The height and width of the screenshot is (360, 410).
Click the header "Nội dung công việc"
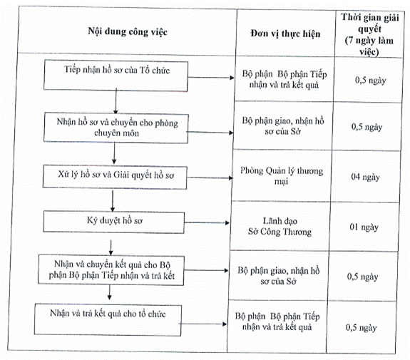tap(128, 31)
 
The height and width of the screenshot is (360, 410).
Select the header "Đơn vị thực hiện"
tap(285, 34)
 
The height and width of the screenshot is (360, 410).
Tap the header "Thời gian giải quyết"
tap(370, 23)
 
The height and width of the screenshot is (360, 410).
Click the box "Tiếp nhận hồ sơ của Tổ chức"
tap(116, 76)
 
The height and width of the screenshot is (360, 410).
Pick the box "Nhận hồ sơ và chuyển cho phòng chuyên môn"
tap(116, 128)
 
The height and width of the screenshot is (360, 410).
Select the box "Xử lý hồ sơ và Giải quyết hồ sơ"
tap(115, 177)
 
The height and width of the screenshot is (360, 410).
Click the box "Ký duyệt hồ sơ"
tap(114, 222)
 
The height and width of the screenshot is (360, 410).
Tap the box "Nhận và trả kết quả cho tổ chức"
tap(108, 320)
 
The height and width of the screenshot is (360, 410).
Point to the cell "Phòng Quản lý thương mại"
tap(282, 175)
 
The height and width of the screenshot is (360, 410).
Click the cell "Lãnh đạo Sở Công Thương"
tap(280, 227)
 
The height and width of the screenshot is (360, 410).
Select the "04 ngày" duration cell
tap(365, 177)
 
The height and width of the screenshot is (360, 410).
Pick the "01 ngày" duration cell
tap(364, 227)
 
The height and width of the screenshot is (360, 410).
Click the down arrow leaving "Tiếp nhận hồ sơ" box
tap(116, 101)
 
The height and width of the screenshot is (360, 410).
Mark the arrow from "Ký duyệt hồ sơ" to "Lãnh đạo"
tap(207, 222)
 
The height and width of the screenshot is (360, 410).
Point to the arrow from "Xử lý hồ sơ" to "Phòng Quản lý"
tap(210, 178)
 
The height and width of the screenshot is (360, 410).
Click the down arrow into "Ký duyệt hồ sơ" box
tap(113, 201)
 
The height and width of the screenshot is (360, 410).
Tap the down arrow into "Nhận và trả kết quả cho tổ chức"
tap(110, 292)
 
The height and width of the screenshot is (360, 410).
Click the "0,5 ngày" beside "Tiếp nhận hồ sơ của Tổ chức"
tap(370, 81)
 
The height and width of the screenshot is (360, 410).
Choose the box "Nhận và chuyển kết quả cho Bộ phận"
tap(111, 270)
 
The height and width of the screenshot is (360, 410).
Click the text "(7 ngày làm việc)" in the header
tap(369, 46)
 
